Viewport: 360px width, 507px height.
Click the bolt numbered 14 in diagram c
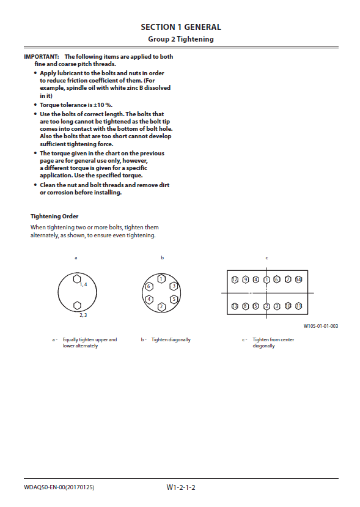pyautogui.click(x=299, y=279)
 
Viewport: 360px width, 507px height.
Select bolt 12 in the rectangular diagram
pyautogui.click(x=235, y=279)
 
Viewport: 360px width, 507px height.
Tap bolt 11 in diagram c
pyautogui.click(x=299, y=306)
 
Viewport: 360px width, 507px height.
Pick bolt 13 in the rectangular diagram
pyautogui.click(x=235, y=306)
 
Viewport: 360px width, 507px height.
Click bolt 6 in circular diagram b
pyautogui.click(x=149, y=286)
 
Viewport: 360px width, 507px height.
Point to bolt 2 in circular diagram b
pyautogui.click(x=161, y=306)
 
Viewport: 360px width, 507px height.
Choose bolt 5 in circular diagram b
pyautogui.click(x=174, y=299)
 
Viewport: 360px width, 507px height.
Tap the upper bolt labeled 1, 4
pyautogui.click(x=77, y=279)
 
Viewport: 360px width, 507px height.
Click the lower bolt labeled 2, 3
pyautogui.click(x=77, y=306)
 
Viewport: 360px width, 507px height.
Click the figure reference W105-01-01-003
pyautogui.click(x=320, y=326)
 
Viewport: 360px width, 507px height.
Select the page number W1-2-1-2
pyautogui.click(x=181, y=487)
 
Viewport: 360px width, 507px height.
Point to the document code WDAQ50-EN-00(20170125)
pyautogui.click(x=59, y=487)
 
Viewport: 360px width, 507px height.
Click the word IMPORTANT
pyautogui.click(x=42, y=57)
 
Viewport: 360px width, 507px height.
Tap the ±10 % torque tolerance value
pyautogui.click(x=103, y=105)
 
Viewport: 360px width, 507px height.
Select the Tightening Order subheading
pyautogui.click(x=54, y=216)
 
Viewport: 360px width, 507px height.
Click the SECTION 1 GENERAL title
pyautogui.click(x=181, y=27)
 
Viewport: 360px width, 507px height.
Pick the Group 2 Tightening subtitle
pyautogui.click(x=181, y=39)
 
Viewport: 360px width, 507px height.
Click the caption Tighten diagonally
pyautogui.click(x=171, y=339)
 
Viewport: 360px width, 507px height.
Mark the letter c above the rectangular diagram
pyautogui.click(x=266, y=258)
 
